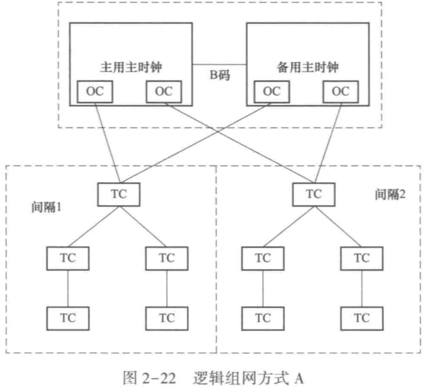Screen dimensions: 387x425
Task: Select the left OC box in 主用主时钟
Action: tap(95, 91)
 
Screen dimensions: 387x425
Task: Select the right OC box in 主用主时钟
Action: tap(164, 91)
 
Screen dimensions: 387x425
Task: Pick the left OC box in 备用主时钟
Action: tap(272, 91)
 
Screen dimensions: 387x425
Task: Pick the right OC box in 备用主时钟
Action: tap(341, 91)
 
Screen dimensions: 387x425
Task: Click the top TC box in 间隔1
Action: tap(119, 193)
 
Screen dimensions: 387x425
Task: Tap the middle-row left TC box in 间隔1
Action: tap(68, 256)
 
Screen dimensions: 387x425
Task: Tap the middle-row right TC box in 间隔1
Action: tap(166, 256)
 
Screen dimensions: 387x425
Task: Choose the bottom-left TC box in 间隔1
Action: tap(68, 318)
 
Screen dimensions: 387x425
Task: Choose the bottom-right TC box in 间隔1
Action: tap(166, 318)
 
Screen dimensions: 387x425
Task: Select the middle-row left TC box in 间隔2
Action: tap(263, 256)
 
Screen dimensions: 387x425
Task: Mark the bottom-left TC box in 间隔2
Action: tap(263, 318)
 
